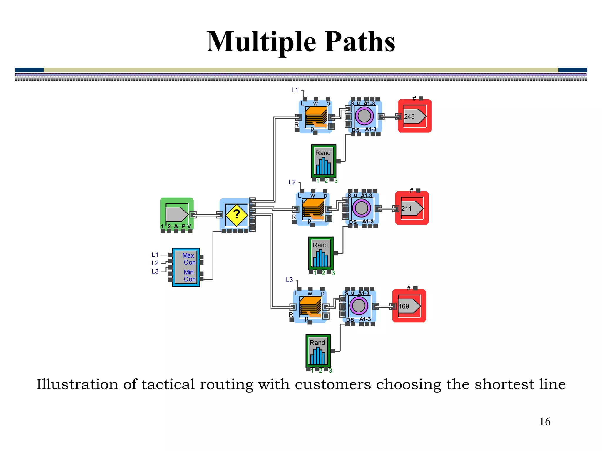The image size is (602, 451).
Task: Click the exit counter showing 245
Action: (414, 116)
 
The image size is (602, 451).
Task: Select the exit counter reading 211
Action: (412, 208)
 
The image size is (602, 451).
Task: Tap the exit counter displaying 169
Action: (409, 306)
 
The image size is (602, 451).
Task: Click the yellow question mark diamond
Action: (237, 215)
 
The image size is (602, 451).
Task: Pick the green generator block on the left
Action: (177, 214)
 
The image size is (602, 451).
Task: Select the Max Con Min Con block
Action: (186, 267)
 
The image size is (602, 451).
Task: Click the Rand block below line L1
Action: (324, 161)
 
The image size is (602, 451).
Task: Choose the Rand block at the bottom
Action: (318, 351)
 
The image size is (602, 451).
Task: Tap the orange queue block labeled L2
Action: (313, 209)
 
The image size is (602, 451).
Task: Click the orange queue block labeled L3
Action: (310, 306)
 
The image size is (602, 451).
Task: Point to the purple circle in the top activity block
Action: (364, 116)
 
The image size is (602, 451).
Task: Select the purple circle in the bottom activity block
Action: (359, 306)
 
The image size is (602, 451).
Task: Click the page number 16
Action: (545, 422)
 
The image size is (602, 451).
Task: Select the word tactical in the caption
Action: (168, 384)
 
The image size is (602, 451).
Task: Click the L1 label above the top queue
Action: (295, 90)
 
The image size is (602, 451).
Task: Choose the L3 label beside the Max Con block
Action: (155, 271)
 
